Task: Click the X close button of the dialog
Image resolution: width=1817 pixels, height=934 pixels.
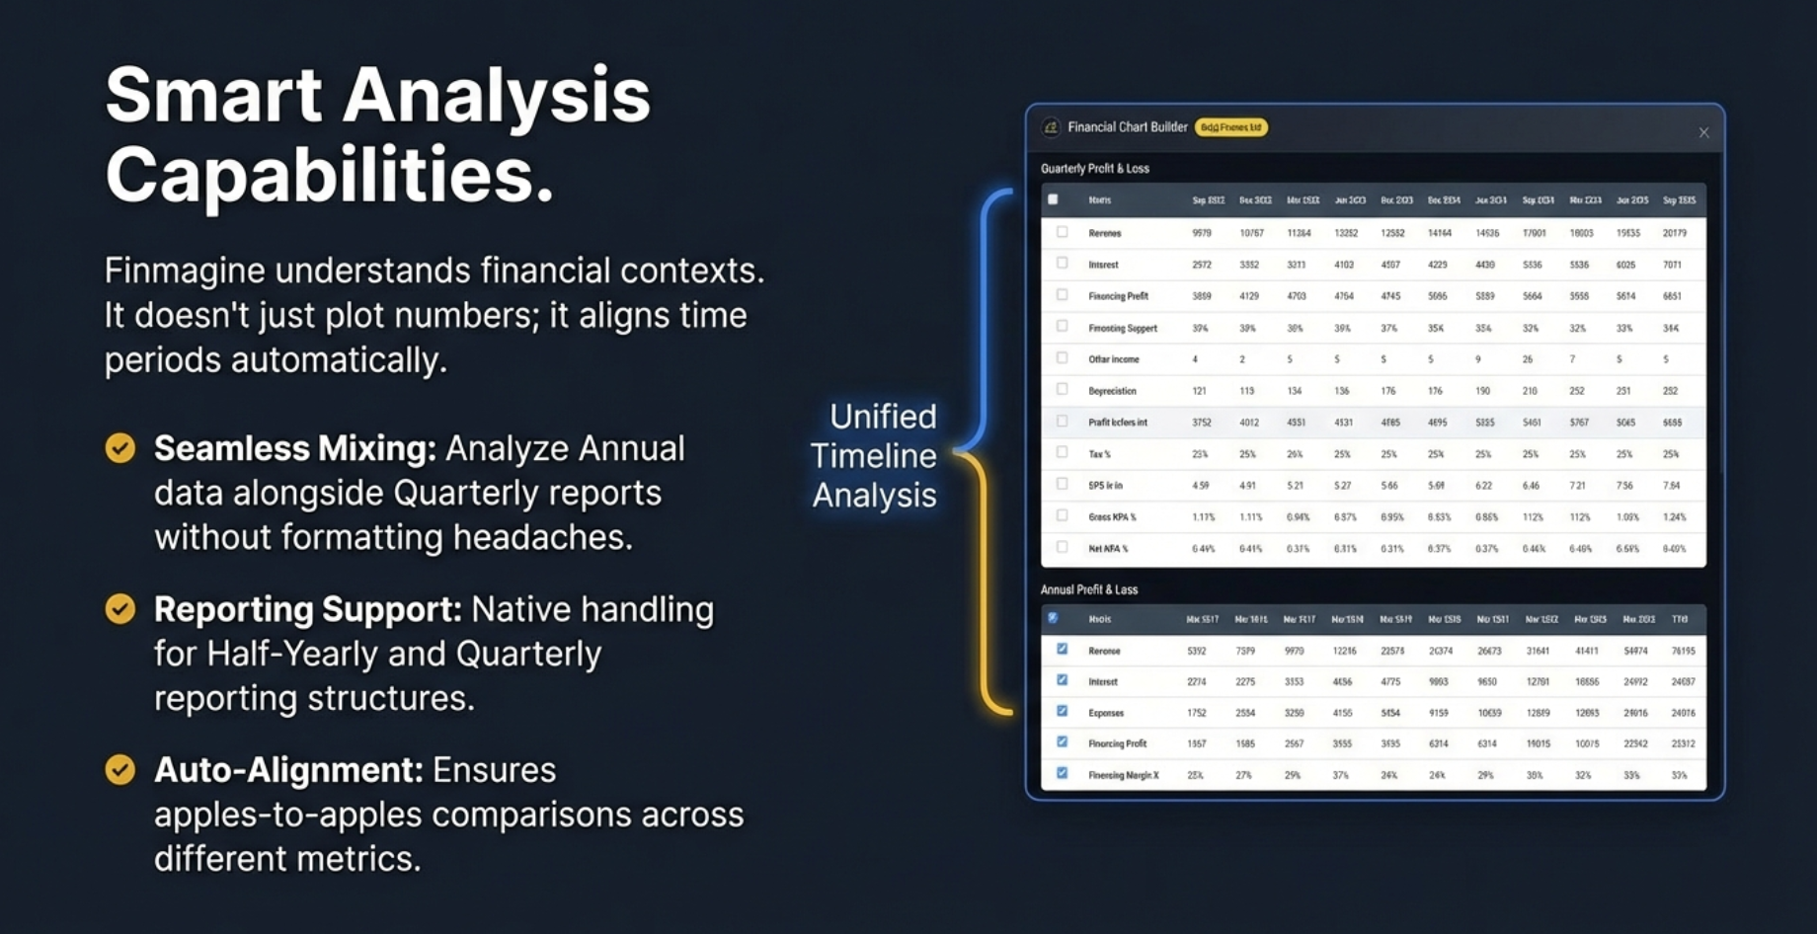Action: (x=1703, y=132)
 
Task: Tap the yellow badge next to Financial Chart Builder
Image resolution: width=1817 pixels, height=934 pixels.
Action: (x=1230, y=127)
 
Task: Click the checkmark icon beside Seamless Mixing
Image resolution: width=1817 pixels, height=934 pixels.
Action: (x=120, y=448)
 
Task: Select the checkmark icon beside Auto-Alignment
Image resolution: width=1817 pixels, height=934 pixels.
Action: (x=120, y=769)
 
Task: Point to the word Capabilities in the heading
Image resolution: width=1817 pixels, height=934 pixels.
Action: (x=329, y=175)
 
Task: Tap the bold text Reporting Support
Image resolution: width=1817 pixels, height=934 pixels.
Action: (x=307, y=609)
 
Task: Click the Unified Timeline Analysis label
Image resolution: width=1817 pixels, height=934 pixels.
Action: (x=874, y=455)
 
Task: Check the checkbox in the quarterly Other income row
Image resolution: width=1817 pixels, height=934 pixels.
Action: (x=1062, y=358)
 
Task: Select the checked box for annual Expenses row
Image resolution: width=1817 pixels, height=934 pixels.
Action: (x=1062, y=711)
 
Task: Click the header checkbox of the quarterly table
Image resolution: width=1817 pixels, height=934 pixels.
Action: (x=1053, y=199)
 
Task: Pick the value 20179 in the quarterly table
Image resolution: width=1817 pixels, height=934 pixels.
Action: (x=1674, y=233)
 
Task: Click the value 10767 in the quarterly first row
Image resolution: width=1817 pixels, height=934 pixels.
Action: (x=1251, y=233)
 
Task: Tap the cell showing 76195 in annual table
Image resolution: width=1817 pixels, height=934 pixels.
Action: (x=1683, y=651)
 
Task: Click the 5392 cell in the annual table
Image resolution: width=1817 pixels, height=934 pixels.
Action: (x=1196, y=651)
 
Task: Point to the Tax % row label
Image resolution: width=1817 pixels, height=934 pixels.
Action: (x=1099, y=454)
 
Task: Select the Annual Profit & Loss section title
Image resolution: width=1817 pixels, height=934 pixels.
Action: (x=1088, y=589)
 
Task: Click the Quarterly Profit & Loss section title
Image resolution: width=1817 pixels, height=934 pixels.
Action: (x=1094, y=169)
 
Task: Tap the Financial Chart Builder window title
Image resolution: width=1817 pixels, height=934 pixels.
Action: (x=1127, y=127)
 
